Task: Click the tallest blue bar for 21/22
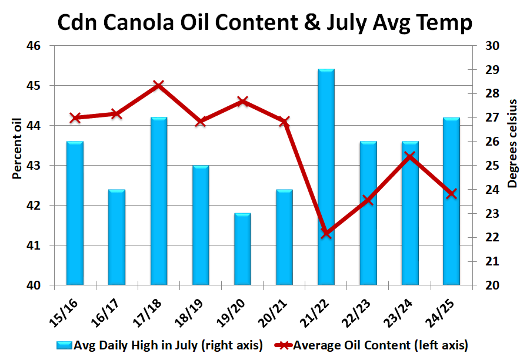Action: [x=326, y=176]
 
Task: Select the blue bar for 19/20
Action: [x=242, y=250]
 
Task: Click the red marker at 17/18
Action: [x=158, y=86]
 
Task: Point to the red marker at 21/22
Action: [x=326, y=234]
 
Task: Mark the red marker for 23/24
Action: [x=410, y=156]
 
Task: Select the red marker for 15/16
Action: [x=75, y=117]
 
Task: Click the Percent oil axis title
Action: [x=16, y=147]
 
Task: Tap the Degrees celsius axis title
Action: [x=512, y=144]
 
